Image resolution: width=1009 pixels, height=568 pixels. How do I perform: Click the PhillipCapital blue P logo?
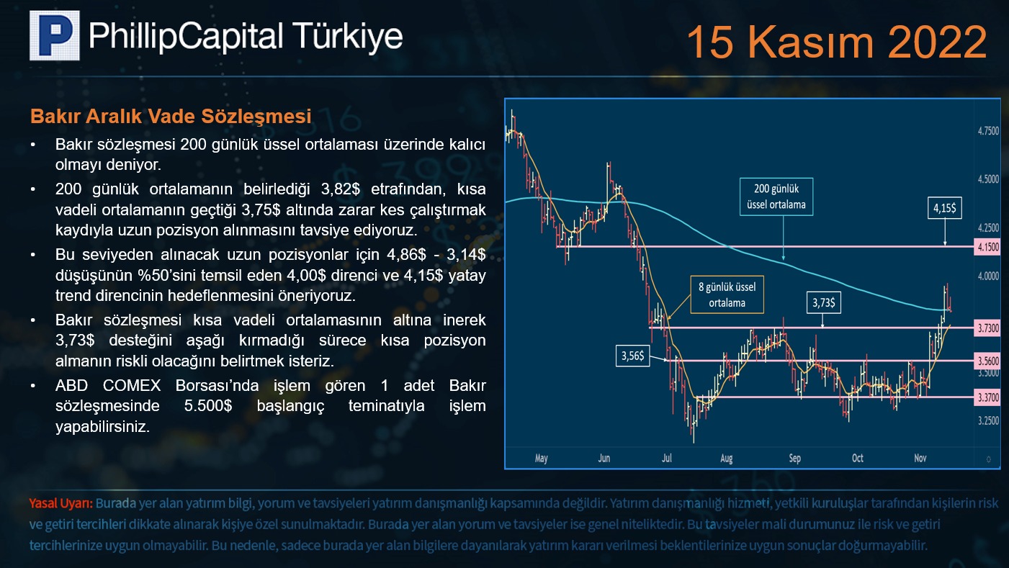(x=55, y=35)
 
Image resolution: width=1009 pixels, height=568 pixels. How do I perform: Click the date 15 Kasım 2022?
(x=836, y=42)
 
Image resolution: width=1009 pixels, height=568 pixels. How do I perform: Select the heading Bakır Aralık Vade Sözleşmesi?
(x=171, y=116)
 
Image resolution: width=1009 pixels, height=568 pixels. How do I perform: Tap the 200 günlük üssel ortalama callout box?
(x=776, y=197)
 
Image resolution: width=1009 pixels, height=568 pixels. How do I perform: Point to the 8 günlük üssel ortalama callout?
(x=727, y=294)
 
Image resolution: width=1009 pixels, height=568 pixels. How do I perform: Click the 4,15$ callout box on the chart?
(x=945, y=208)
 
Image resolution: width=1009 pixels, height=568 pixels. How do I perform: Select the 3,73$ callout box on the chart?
(x=823, y=302)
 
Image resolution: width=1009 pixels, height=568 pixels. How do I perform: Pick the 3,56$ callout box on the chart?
(x=633, y=356)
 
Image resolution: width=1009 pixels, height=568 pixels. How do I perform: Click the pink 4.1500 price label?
(x=987, y=248)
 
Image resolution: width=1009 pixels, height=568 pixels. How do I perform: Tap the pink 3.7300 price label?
(x=987, y=328)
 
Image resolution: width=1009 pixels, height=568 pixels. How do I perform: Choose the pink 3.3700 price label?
(x=987, y=397)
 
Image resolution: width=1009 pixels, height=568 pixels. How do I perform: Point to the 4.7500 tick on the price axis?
(x=988, y=131)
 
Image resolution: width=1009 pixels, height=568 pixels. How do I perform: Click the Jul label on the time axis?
(x=666, y=458)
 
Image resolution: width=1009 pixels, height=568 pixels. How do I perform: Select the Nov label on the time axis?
(x=920, y=458)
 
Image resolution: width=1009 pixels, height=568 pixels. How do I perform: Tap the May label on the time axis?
(x=541, y=459)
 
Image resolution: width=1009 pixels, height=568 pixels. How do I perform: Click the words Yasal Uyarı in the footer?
(x=60, y=503)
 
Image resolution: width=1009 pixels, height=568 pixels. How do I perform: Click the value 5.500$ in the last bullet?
(x=208, y=406)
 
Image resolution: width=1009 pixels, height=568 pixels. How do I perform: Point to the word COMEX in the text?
(x=132, y=386)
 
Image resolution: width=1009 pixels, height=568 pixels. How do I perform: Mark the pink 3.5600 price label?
(x=987, y=361)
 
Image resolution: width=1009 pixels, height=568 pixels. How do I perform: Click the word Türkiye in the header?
(x=347, y=36)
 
